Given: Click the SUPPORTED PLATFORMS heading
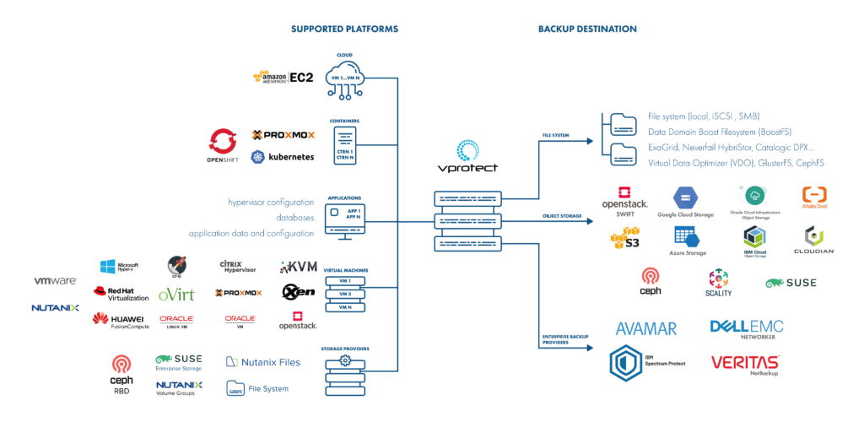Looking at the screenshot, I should point(344,29).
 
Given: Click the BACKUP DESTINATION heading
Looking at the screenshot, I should point(587,29).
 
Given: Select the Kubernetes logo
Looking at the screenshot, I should point(283,157).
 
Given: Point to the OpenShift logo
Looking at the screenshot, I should point(224,145).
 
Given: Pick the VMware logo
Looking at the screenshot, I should point(56,280).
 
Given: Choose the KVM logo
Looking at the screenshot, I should point(299,267).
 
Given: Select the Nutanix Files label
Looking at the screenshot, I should point(262,362).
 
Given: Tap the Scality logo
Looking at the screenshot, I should point(720,283).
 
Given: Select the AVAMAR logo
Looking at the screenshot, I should point(647,328).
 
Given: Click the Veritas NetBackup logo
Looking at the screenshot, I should point(744,364).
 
